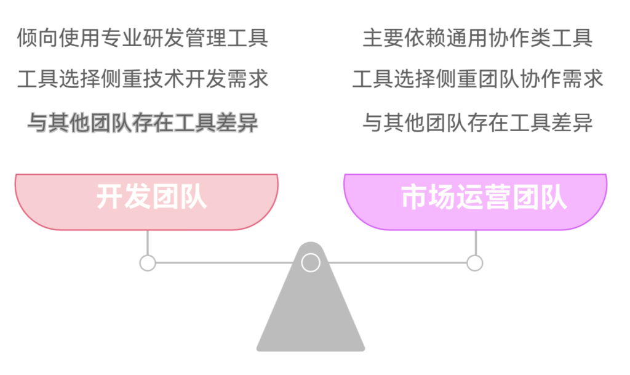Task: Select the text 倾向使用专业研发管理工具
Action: (143, 38)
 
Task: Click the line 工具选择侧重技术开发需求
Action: (143, 79)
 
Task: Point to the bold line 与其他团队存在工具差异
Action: (143, 123)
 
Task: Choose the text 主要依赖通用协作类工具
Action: (477, 38)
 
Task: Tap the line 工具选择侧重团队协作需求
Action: (477, 79)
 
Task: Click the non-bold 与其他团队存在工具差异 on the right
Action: (477, 123)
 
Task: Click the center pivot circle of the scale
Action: (311, 263)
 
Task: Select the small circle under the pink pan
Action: (147, 263)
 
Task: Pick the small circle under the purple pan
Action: (474, 263)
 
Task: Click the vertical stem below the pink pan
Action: (147, 243)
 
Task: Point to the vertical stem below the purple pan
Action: (474, 243)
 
